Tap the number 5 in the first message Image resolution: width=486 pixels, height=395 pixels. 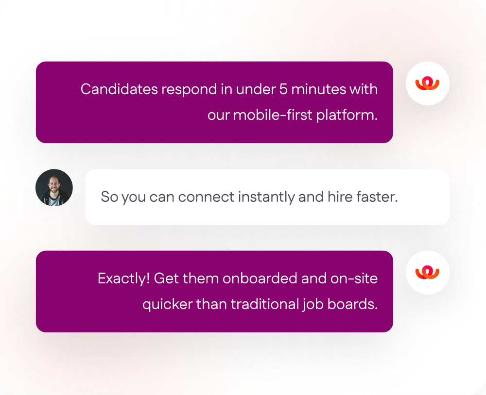tap(283, 89)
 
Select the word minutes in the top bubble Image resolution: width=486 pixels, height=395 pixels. tap(316, 89)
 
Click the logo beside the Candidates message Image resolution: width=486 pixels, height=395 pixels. tap(427, 83)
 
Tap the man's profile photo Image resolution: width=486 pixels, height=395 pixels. tap(54, 187)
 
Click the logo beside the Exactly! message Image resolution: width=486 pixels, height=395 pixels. tap(427, 273)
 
